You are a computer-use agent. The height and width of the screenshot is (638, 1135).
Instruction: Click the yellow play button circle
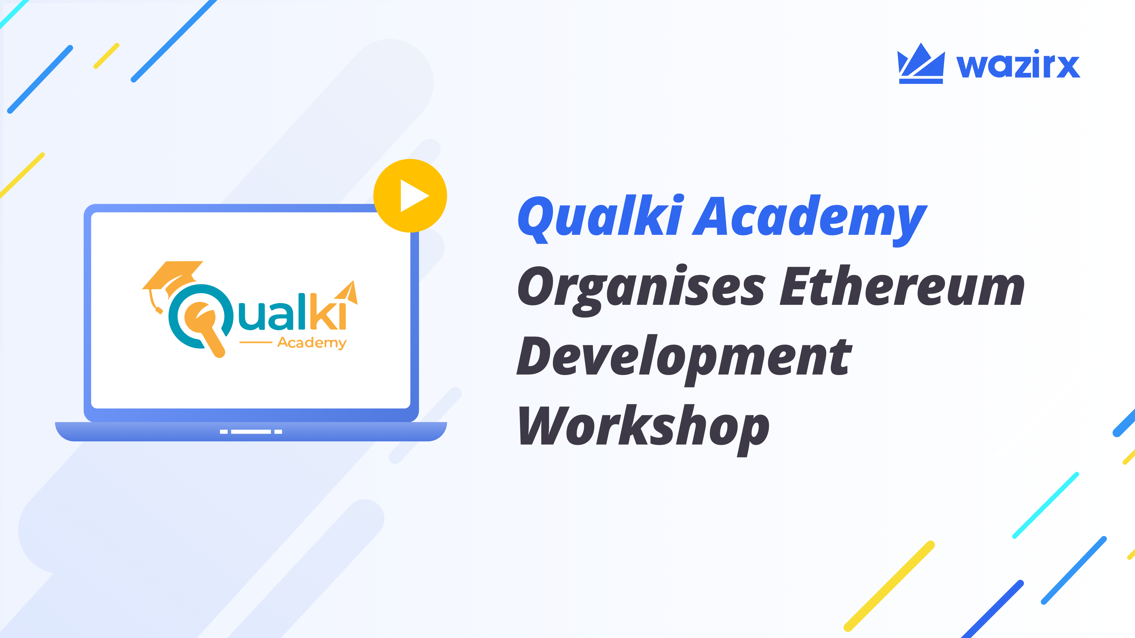coord(410,196)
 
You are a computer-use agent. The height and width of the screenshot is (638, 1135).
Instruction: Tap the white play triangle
coord(413,196)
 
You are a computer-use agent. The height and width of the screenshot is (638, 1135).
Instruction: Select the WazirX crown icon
coord(921,64)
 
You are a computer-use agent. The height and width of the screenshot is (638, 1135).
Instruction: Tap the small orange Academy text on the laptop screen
coord(312,343)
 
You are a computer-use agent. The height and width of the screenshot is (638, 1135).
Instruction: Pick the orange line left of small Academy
coord(256,342)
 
